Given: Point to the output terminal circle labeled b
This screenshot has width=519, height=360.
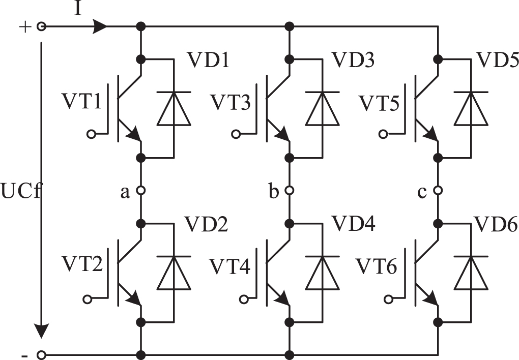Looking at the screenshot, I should tap(290, 191).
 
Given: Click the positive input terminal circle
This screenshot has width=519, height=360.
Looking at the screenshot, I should tap(42, 26).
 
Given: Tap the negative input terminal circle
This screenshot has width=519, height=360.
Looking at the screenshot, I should tap(42, 354).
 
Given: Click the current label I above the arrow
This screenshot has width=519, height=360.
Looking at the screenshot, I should tap(78, 9).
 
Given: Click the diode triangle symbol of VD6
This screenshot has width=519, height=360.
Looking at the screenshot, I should tap(471, 272).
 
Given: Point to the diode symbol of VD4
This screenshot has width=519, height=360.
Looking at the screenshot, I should tap(323, 272).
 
